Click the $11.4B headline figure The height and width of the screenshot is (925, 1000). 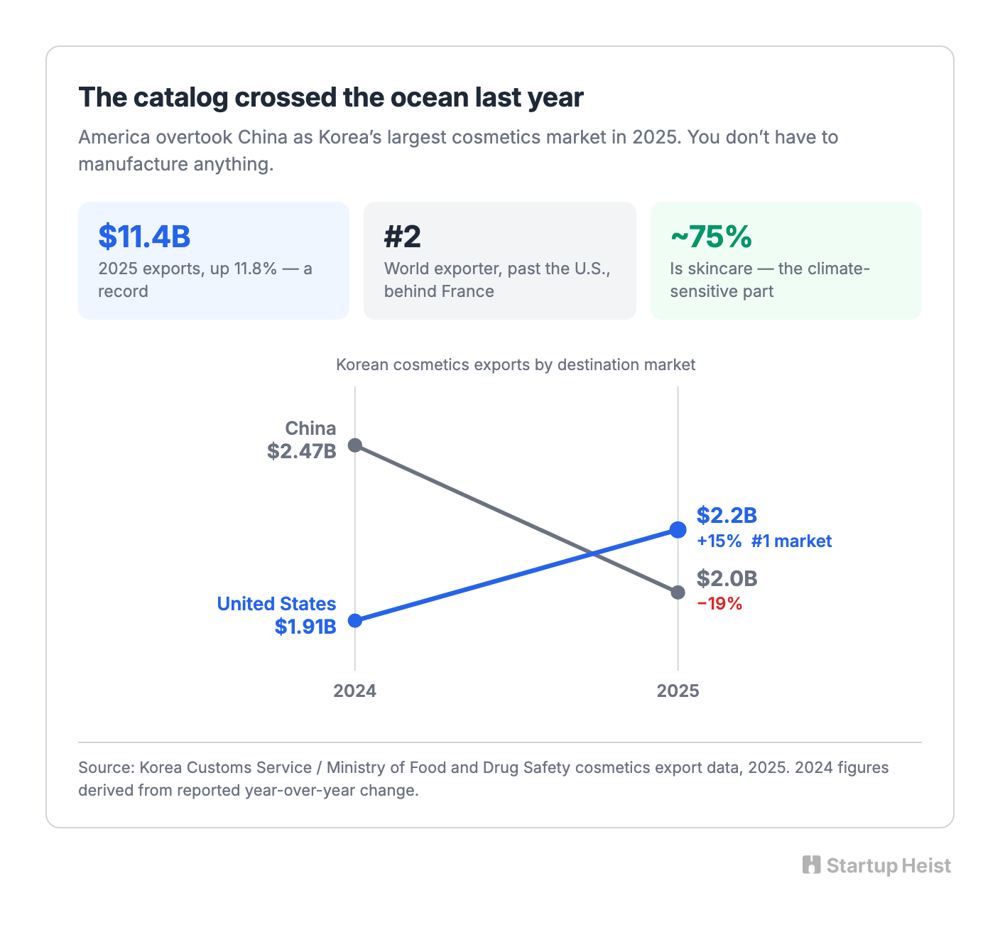point(144,237)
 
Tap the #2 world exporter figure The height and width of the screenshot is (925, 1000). point(402,237)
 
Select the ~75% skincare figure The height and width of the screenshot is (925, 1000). point(711,237)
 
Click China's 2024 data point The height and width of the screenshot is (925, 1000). point(355,445)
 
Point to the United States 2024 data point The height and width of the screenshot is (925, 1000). point(355,621)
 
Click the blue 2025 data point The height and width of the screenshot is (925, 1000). point(678,530)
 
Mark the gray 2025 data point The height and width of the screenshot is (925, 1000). point(678,593)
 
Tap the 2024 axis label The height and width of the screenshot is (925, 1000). point(355,691)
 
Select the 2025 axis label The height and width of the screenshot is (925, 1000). point(678,691)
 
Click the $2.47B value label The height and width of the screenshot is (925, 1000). point(302,451)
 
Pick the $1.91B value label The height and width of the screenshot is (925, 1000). point(305,627)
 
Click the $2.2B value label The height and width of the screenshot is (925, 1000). point(727,515)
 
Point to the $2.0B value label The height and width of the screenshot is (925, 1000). point(727,579)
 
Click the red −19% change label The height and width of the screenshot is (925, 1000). point(719,604)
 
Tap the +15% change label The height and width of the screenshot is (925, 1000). point(719,541)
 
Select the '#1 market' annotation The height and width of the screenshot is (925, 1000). point(791,541)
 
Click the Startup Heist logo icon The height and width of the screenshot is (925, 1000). point(811,865)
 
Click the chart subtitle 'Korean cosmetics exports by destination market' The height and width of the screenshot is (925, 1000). point(516,364)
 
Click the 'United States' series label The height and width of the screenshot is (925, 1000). point(276,604)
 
